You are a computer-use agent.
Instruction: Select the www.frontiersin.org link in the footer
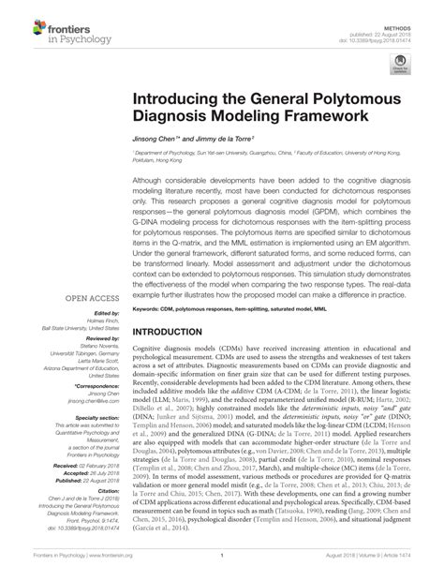click(x=93, y=568)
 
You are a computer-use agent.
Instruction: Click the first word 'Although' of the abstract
click(x=150, y=178)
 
